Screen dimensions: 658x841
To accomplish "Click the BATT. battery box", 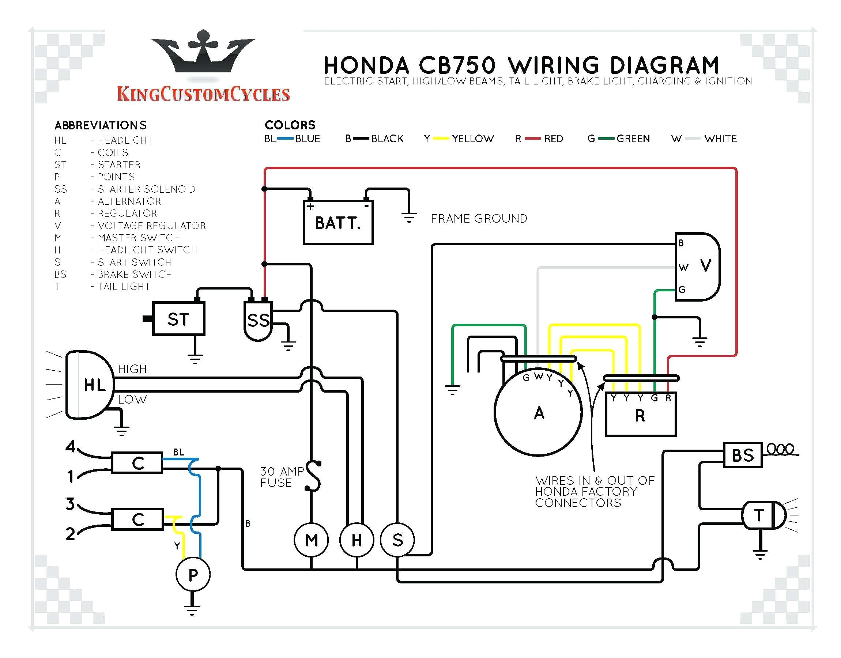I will coord(338,222).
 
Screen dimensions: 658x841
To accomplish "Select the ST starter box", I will coord(178,319).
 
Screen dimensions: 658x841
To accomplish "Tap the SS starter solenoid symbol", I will coord(258,321).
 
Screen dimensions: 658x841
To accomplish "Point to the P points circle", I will coord(193,574).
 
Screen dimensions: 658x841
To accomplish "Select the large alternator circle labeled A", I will coord(538,412).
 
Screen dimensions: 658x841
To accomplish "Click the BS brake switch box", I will coord(742,455).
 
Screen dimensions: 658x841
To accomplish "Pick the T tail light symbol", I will coord(763,515).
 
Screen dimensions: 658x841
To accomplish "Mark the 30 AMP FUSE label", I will coord(281,477).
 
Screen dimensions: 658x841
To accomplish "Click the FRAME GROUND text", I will coord(479,219).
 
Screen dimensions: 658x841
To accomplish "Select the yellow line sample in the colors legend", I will coord(441,139).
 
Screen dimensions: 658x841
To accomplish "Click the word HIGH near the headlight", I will coord(132,369).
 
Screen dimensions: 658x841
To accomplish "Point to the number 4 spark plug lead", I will coord(71,446).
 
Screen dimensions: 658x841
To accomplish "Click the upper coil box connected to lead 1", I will coord(137,462).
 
